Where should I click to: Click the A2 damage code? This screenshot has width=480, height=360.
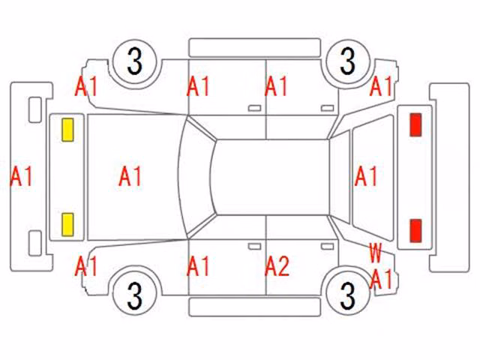(277, 266)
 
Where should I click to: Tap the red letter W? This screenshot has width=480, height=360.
(375, 253)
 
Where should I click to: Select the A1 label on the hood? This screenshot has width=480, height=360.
(130, 176)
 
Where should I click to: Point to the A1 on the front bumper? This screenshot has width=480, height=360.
(22, 176)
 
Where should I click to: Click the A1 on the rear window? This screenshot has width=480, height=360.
(366, 176)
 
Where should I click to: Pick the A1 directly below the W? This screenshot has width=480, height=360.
(381, 279)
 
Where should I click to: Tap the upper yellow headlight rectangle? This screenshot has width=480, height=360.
(67, 130)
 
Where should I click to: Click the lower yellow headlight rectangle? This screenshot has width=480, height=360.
(67, 225)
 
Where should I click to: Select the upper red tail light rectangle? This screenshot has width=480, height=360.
(415, 124)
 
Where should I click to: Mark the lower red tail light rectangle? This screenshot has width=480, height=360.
(415, 230)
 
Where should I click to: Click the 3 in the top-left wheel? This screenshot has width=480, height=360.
(135, 61)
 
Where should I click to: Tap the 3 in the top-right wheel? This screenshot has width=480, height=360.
(347, 61)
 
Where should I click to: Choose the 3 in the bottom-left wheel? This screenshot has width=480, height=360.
(135, 295)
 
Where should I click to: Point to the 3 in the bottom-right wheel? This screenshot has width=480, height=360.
(347, 295)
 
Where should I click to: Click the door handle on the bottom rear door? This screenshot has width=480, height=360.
(327, 247)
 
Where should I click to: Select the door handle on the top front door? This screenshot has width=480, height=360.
(254, 108)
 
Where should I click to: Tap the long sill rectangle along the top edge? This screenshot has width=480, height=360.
(255, 48)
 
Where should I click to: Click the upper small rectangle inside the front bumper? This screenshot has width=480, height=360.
(35, 110)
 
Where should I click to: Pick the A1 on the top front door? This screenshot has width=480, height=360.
(198, 86)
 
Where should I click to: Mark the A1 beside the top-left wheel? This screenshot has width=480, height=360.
(86, 86)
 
